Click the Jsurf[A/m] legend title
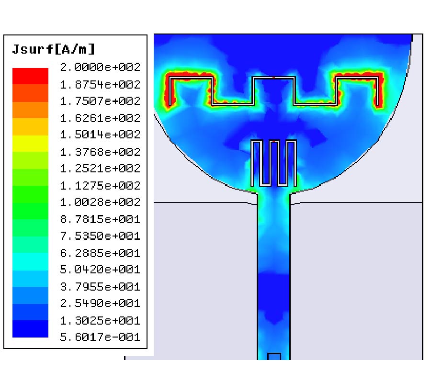coord(53,49)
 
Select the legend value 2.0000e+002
coord(100,67)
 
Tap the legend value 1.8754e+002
coord(100,85)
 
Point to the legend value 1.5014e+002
coord(100,135)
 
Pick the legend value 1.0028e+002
coord(100,202)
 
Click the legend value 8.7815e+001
coord(100,219)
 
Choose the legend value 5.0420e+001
coord(100,270)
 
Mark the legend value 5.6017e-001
coord(100,337)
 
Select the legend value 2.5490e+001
coord(100,304)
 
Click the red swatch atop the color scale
coord(30,76)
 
